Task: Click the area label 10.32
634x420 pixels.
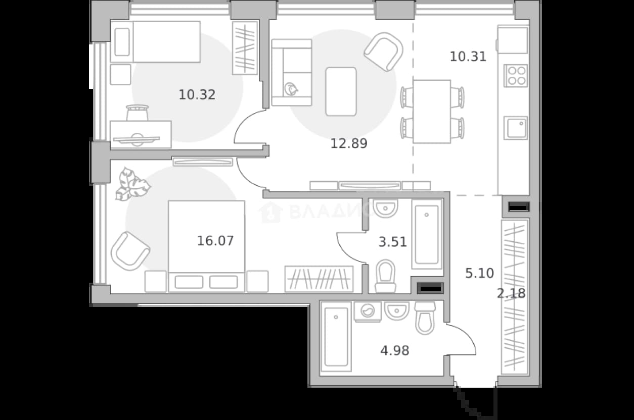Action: click(197, 95)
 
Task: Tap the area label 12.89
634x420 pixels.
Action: click(349, 143)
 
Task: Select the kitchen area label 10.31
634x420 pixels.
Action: click(468, 57)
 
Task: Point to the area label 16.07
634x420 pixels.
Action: click(215, 241)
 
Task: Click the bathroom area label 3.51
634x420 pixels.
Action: click(392, 242)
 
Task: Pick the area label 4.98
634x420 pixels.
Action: click(395, 351)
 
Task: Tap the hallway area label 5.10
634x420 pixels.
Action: click(479, 273)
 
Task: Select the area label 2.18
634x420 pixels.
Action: click(511, 293)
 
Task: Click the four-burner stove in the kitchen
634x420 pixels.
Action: click(515, 76)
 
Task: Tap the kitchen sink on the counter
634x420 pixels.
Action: click(516, 128)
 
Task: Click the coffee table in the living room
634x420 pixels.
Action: click(341, 91)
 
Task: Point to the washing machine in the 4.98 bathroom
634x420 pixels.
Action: click(368, 311)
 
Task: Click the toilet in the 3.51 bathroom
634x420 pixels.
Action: click(385, 276)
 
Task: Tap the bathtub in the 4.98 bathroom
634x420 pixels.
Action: click(336, 337)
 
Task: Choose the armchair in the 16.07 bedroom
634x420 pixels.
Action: click(130, 251)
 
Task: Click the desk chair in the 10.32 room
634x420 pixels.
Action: click(138, 113)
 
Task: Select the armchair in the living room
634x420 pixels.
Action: click(384, 52)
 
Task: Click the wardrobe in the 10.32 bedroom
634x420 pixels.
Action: click(245, 48)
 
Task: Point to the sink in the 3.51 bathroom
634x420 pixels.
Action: click(385, 208)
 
